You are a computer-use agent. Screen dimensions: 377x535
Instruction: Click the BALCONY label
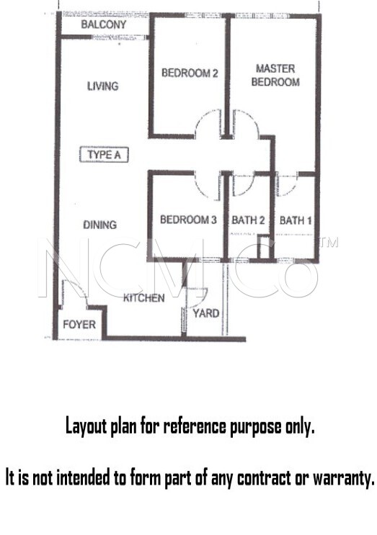pos(104,24)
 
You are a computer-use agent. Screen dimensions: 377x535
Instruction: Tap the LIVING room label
pos(103,86)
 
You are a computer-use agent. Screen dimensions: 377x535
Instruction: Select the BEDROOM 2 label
pos(190,73)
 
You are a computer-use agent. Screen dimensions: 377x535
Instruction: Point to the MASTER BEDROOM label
pos(275,75)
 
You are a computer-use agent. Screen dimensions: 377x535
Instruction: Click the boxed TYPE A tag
pos(104,155)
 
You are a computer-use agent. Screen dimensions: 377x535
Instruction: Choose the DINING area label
pos(100,225)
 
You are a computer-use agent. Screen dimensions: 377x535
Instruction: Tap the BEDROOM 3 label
pos(189,220)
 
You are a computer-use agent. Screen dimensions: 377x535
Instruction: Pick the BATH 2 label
pos(248,220)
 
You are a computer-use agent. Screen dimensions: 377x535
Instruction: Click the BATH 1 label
pos(296,220)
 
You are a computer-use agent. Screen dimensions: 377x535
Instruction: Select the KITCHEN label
pos(143,298)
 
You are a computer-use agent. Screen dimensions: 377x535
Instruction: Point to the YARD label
pos(206,313)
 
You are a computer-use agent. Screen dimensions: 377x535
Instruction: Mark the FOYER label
pos(79,324)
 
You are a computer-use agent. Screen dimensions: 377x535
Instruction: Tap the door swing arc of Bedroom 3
pos(201,190)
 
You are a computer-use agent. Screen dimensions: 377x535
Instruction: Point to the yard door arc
pos(203,297)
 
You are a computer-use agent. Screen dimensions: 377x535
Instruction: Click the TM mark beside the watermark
pos(329,242)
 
